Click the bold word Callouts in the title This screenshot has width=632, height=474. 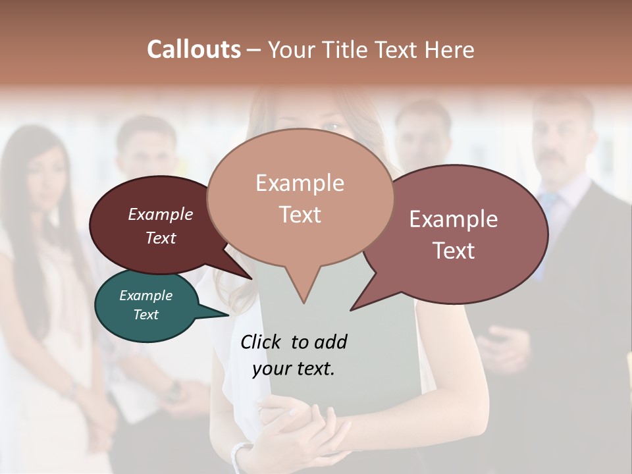194,49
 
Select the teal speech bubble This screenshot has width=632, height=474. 146,305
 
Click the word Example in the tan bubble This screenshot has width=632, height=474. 300,183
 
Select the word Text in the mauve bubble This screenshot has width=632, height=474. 454,251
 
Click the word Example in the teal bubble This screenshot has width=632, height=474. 146,296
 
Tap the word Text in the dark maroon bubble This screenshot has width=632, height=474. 161,238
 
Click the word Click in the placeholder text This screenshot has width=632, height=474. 262,342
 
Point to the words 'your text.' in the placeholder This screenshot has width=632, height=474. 294,369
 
